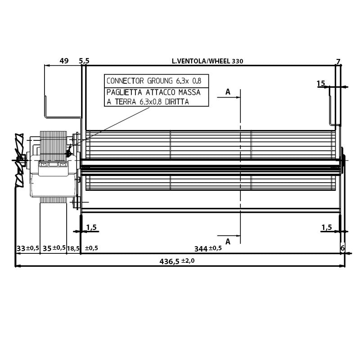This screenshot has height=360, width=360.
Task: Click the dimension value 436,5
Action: (x=169, y=261)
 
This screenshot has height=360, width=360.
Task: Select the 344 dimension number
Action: (x=201, y=249)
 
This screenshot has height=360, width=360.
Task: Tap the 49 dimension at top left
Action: (x=64, y=61)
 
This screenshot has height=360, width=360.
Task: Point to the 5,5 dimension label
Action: (x=84, y=61)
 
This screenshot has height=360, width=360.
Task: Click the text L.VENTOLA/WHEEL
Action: (x=201, y=61)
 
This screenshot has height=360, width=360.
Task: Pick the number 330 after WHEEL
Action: (x=238, y=61)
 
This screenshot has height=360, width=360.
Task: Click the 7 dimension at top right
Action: (x=338, y=62)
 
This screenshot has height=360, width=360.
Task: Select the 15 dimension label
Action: (x=321, y=83)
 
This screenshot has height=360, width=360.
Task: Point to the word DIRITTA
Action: (x=177, y=102)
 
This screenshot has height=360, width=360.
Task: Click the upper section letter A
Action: (x=228, y=92)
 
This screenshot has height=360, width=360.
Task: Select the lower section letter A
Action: (x=228, y=242)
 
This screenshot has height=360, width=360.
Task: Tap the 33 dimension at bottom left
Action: (x=21, y=248)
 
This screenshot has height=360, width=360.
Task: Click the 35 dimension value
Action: (x=47, y=248)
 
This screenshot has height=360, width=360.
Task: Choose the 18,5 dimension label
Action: (x=73, y=248)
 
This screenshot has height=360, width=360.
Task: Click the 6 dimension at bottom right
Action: (x=342, y=248)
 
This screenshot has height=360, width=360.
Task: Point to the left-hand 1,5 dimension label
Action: (x=91, y=227)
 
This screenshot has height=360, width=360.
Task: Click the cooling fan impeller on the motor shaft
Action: (x=19, y=160)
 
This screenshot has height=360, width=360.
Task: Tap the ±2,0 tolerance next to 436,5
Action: (x=188, y=261)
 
